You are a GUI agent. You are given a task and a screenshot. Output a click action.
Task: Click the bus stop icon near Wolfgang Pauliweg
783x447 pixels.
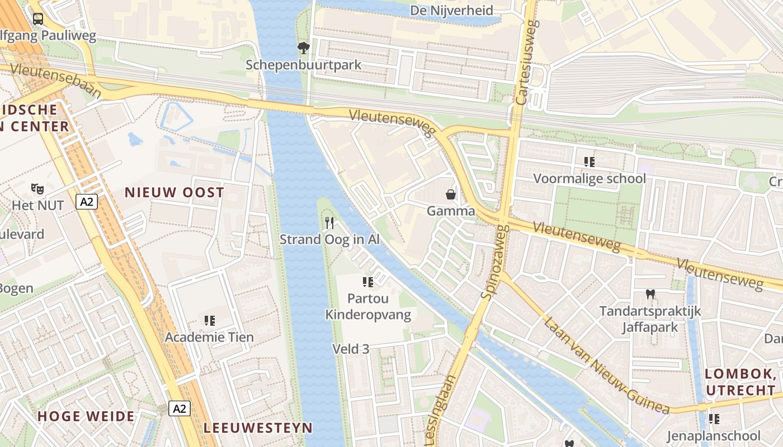37,18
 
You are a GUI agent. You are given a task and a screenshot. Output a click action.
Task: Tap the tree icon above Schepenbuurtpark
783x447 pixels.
304,48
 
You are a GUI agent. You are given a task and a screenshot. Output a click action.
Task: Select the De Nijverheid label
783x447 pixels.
451,11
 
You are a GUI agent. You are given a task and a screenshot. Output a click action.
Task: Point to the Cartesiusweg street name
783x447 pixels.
526,63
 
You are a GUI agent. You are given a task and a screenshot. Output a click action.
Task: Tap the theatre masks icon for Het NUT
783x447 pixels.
37,188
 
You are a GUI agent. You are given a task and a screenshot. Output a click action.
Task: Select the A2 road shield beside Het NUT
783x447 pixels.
87,202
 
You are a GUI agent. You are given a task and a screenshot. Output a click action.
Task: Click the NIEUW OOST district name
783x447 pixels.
174,193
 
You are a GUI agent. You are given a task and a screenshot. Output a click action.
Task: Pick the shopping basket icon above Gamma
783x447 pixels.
450,194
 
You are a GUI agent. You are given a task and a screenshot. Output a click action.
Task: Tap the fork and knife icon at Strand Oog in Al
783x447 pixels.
329,223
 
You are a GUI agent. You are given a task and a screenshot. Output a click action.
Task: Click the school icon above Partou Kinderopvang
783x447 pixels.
367,282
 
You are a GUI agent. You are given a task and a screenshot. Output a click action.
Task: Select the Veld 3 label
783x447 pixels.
351,349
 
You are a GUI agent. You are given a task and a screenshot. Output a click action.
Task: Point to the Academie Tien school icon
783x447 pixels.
210,321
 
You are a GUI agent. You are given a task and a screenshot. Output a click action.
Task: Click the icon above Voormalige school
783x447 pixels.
589,162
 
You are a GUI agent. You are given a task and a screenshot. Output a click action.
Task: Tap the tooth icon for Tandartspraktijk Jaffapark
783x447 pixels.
650,294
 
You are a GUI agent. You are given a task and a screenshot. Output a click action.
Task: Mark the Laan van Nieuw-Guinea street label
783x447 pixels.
606,367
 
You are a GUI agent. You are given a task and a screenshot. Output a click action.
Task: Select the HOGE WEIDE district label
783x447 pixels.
86,416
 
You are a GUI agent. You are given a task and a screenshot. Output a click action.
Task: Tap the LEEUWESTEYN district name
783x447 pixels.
258,428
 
